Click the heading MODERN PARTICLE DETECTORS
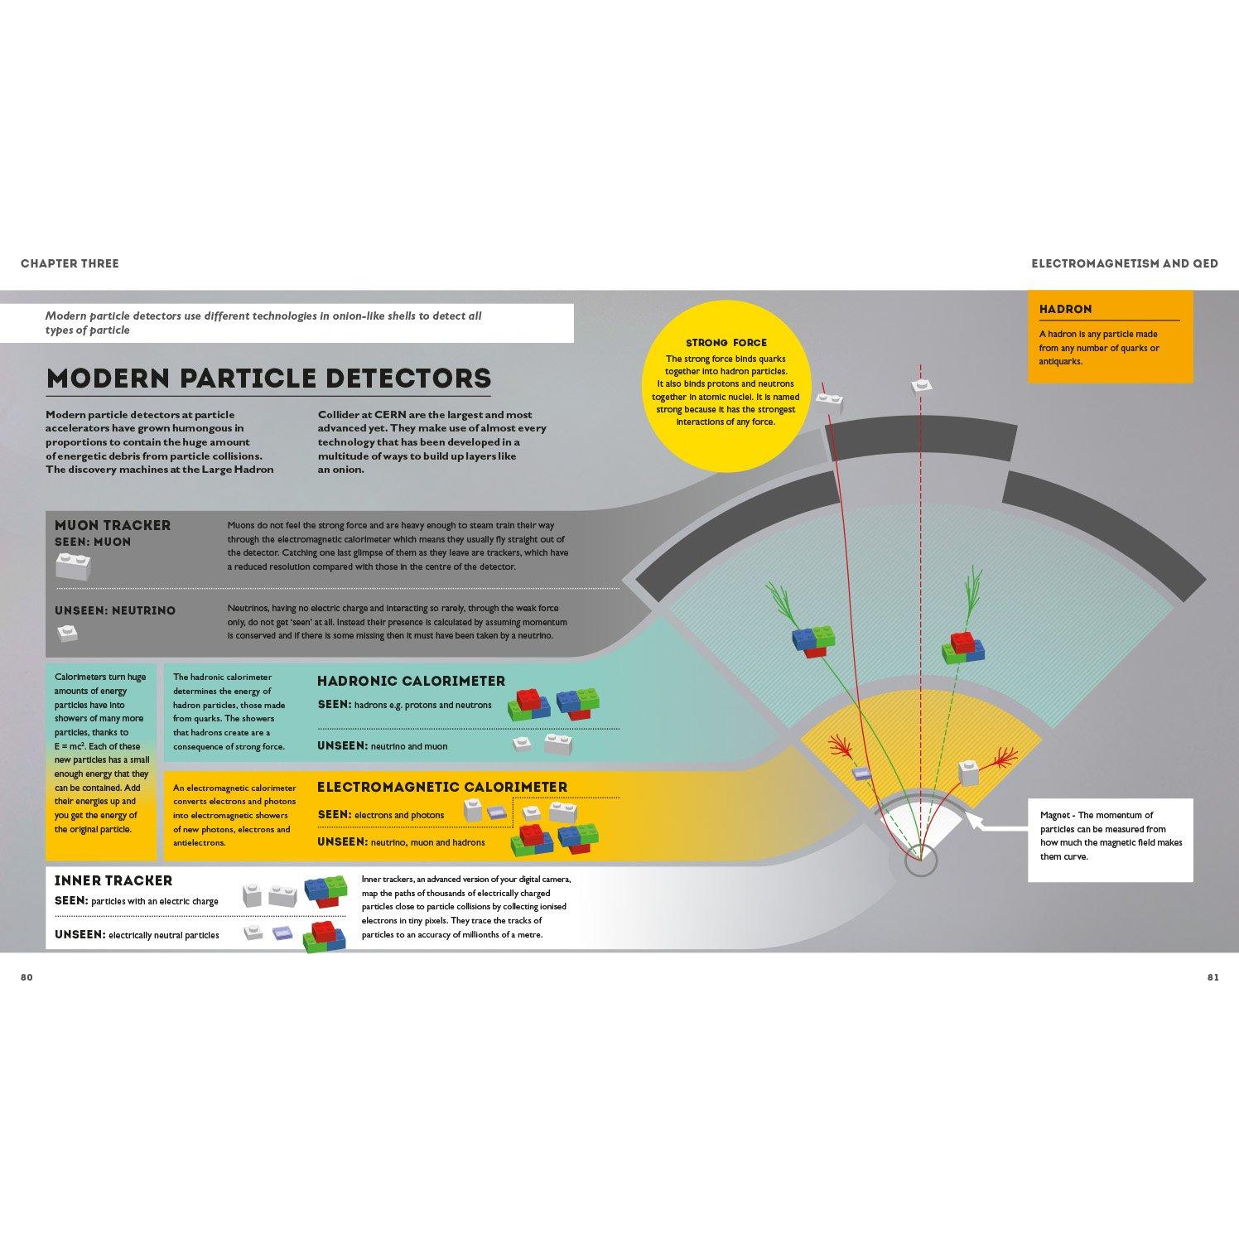pos(268,378)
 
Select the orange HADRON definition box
pos(1110,336)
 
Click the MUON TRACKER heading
pos(113,525)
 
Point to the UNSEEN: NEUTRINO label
pos(115,610)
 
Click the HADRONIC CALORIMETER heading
pos(411,681)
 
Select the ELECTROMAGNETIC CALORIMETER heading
pos(442,787)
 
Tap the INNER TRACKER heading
pos(113,880)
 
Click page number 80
pos(27,977)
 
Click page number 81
pos(1212,977)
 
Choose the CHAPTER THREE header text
pos(70,263)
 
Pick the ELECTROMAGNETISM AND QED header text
pos(1125,263)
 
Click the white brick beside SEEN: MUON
pos(74,566)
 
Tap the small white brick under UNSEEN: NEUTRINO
pos(67,634)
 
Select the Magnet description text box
pos(1110,840)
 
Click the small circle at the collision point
pos(919,862)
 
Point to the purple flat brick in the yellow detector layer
pos(862,774)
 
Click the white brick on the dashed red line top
pos(921,385)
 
